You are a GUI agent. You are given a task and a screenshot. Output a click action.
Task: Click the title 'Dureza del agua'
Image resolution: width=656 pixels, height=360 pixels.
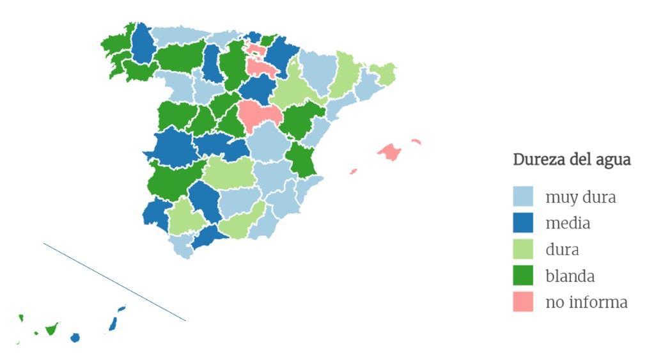tap(572, 160)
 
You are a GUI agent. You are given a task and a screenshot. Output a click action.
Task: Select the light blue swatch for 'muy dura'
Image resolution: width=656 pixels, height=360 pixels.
tap(523, 197)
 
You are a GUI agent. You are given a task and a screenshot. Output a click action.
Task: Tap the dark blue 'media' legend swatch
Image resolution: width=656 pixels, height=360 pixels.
tap(523, 223)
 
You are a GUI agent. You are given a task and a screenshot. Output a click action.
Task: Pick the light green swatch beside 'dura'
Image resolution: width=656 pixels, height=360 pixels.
tap(523, 249)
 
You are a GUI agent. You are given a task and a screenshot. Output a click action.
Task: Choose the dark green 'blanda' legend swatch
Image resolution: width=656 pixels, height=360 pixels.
tap(523, 276)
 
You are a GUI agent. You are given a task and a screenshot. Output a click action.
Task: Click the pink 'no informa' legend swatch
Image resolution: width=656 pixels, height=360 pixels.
tap(523, 302)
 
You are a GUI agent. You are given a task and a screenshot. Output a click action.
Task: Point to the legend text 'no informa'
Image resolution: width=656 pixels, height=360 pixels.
tap(586, 302)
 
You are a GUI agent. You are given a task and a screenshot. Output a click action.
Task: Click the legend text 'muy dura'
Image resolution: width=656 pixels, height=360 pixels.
tap(580, 197)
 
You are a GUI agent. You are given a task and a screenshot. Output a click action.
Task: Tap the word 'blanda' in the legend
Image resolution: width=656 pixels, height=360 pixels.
tap(570, 276)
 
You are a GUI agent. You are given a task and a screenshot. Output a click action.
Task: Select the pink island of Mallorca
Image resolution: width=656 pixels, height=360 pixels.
tap(389, 152)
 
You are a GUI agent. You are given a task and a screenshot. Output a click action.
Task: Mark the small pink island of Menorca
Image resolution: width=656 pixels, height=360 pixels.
tap(416, 141)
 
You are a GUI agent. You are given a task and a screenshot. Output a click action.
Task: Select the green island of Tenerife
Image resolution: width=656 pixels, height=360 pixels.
tap(51, 329)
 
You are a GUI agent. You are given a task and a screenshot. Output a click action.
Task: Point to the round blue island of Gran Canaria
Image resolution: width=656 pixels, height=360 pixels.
tap(75, 338)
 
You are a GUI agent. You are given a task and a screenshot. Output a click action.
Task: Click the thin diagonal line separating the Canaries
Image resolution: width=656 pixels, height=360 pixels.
tap(115, 282)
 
